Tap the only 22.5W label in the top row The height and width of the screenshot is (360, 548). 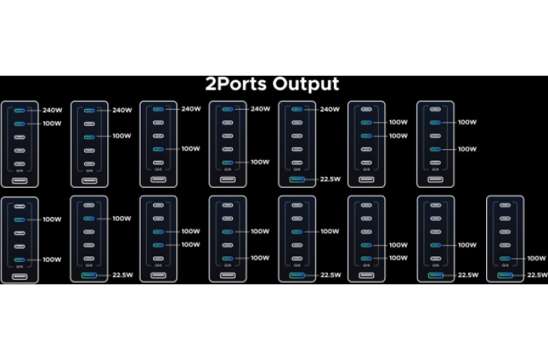point(330,179)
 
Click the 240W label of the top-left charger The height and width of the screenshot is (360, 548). point(53,109)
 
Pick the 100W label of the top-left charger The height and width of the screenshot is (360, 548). point(53,123)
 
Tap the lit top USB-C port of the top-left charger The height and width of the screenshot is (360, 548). point(20,109)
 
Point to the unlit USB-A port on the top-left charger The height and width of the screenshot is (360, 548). point(20,181)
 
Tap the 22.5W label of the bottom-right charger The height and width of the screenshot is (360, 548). point(537,275)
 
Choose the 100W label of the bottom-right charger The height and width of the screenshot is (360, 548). point(536,258)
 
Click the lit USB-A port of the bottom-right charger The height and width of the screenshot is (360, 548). point(505,275)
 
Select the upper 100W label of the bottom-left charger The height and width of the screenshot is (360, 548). point(52,219)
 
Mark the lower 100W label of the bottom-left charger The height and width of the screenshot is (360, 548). point(52,260)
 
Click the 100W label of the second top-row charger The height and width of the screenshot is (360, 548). point(121,136)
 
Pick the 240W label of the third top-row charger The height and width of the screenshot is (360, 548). point(191,109)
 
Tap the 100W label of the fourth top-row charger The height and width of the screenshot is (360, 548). point(260,162)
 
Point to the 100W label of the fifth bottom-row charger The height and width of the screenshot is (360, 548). point(330,231)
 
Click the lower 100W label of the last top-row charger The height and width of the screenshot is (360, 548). point(467,149)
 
